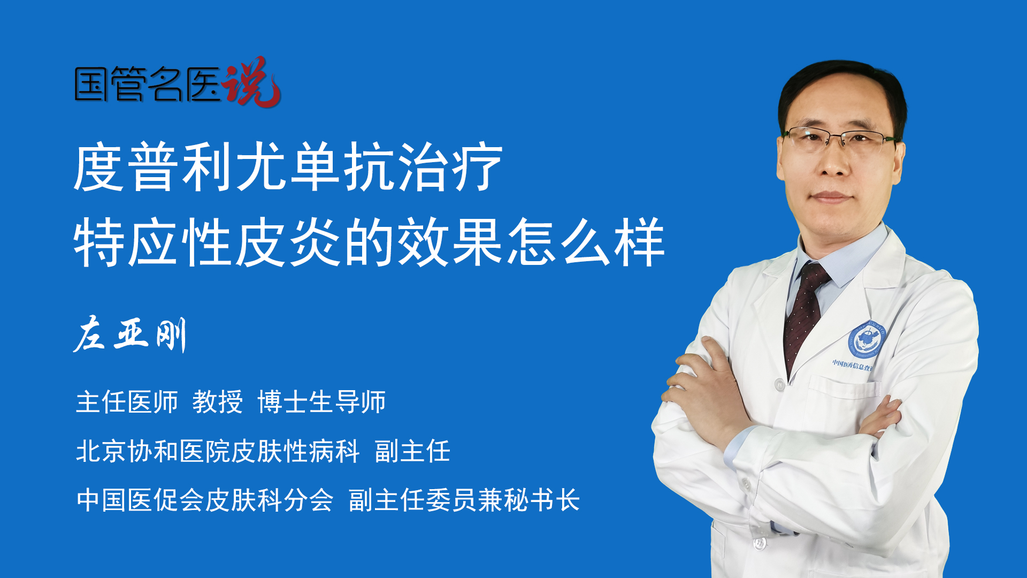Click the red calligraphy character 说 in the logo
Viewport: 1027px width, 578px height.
pyautogui.click(x=251, y=82)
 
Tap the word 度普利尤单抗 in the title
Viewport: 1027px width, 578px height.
pyautogui.click(x=234, y=167)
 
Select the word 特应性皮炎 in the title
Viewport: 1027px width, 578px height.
pyautogui.click(x=207, y=242)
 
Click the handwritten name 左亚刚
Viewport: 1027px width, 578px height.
pyautogui.click(x=130, y=334)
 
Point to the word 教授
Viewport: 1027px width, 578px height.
pyautogui.click(x=218, y=402)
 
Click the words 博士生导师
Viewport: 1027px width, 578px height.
pyautogui.click(x=321, y=402)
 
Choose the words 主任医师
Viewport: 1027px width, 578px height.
pyautogui.click(x=127, y=402)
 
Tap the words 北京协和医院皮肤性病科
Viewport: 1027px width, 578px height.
pyautogui.click(x=218, y=451)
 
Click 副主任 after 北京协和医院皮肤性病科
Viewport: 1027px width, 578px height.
pyautogui.click(x=412, y=451)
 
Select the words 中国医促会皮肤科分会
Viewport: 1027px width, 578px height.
pyautogui.click(x=205, y=500)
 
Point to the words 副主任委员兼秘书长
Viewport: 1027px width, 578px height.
pyautogui.click(x=464, y=500)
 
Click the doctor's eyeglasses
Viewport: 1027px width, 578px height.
pyautogui.click(x=840, y=138)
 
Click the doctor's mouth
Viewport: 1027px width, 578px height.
pyautogui.click(x=831, y=197)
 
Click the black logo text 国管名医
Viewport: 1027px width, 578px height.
pyautogui.click(x=148, y=84)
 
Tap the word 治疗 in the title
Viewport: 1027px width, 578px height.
pyautogui.click(x=449, y=167)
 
